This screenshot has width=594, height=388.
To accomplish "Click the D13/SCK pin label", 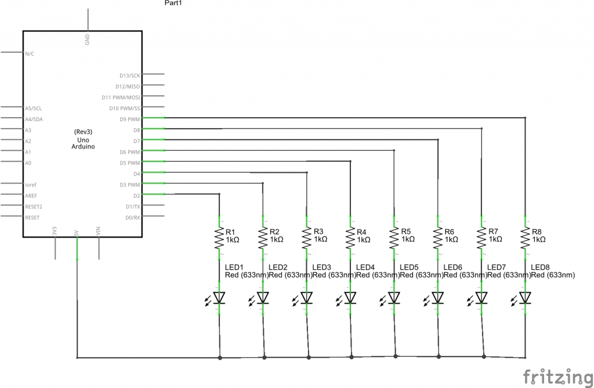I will [x=129, y=75].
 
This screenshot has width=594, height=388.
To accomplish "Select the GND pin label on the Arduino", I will [x=87, y=39].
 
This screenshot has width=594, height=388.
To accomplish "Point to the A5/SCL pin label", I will [x=33, y=108].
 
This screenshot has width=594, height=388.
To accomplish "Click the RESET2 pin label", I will [x=34, y=206].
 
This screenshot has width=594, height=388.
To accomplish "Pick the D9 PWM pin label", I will [x=129, y=119].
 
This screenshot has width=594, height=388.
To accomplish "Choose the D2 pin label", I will [x=136, y=195].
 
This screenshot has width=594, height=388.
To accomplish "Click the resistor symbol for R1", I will [x=219, y=238].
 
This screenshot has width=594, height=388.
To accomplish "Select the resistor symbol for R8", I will [x=525, y=238].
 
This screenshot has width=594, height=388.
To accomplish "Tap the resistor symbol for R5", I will [x=394, y=238].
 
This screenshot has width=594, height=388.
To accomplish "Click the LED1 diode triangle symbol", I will [x=219, y=298].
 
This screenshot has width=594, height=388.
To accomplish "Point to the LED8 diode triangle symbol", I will [x=525, y=298].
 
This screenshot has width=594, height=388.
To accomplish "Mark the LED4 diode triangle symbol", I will [x=350, y=298].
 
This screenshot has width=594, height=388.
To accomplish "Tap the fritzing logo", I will [x=555, y=376].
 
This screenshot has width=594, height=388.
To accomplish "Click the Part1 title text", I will [x=173, y=3].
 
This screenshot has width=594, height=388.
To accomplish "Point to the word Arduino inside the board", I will [x=84, y=147].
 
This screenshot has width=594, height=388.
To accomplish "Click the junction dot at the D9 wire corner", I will [x=525, y=118].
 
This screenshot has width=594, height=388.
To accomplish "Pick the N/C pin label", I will [x=30, y=53].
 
